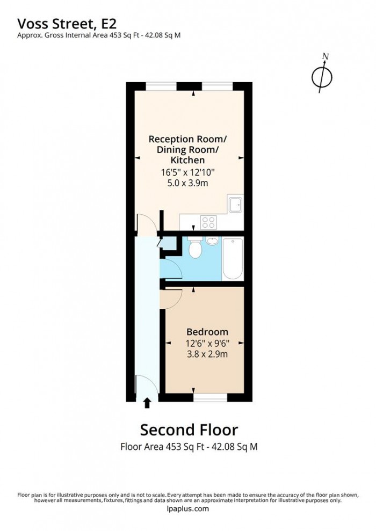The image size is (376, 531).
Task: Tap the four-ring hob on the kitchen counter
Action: pyautogui.click(x=208, y=221)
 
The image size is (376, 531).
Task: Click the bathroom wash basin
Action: pyautogui.click(x=212, y=241)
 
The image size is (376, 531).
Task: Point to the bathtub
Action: pyautogui.click(x=233, y=259)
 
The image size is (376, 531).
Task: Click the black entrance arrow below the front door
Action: pyautogui.click(x=148, y=403)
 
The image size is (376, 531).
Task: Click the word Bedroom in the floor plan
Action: pyautogui.click(x=207, y=332)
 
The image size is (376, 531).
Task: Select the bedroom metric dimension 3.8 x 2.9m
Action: pyautogui.click(x=207, y=353)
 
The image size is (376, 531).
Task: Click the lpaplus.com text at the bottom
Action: pyautogui.click(x=188, y=509)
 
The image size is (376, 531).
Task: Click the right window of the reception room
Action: pyautogui.click(x=217, y=86)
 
